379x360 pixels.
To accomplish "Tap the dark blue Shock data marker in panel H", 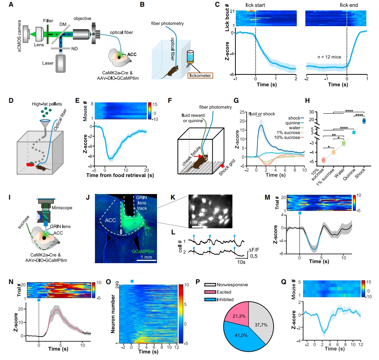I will click(364, 120).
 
